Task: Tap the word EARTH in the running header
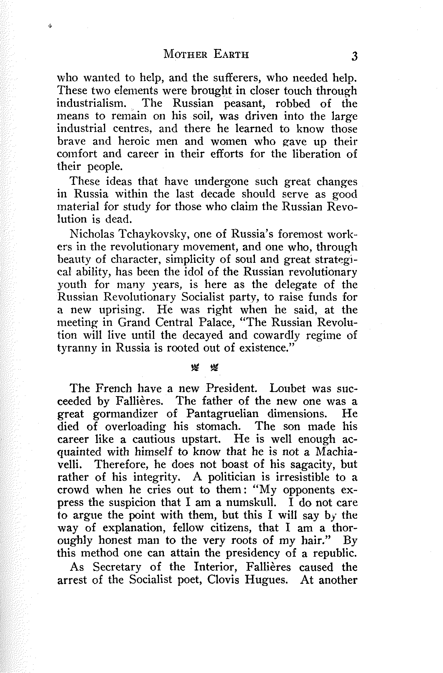[x=231, y=54]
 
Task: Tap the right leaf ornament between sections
[x=215, y=367]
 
